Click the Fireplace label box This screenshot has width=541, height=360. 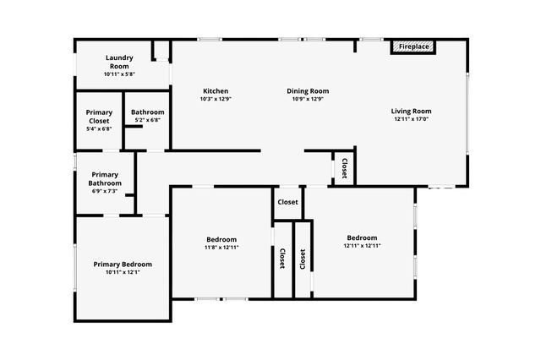point(413,46)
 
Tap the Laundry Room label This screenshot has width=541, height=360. point(118,62)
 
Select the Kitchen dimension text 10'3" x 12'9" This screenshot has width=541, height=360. point(216,100)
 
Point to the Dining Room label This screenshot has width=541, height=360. point(308,91)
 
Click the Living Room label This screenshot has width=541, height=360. point(412,111)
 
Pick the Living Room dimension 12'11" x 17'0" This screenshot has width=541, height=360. point(412,119)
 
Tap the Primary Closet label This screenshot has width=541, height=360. point(99,117)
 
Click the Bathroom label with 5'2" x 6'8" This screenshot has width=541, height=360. point(148,112)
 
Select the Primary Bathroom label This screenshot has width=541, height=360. point(105,179)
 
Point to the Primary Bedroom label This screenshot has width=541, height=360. point(123,265)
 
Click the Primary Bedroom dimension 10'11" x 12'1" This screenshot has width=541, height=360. point(123,273)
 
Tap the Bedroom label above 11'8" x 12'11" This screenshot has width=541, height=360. point(221,239)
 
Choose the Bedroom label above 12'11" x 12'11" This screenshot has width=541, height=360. point(362,237)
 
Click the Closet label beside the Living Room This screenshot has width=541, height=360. point(344,168)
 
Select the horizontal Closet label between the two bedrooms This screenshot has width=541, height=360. point(287,203)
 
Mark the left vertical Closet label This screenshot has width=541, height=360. point(281,259)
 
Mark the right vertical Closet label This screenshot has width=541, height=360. point(303,259)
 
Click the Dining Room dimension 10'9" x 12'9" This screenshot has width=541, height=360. point(308,100)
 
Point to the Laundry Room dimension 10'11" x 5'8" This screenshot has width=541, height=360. point(119,74)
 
